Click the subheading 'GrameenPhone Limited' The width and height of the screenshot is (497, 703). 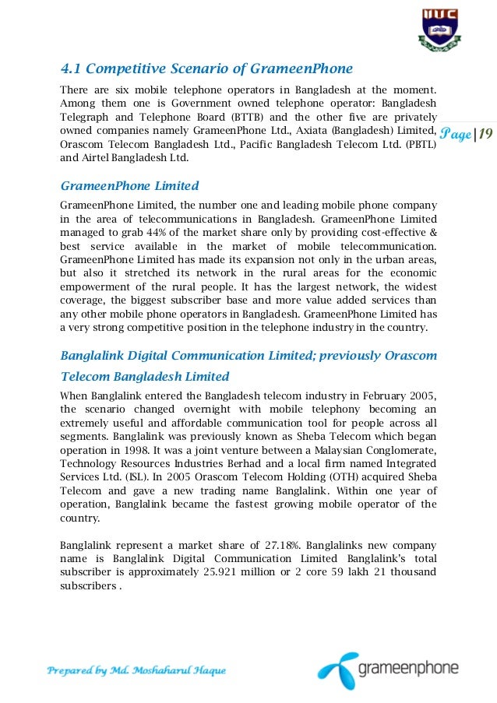click(x=129, y=186)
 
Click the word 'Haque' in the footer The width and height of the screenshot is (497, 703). click(x=205, y=670)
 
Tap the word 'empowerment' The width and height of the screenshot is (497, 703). click(x=95, y=286)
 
